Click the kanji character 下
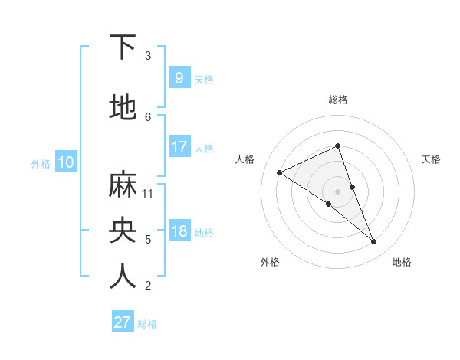(123, 47)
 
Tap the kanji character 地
(123, 108)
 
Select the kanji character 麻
(123, 185)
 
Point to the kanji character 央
(123, 231)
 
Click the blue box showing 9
(179, 77)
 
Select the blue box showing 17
(179, 146)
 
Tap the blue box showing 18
(179, 231)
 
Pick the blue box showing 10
(65, 162)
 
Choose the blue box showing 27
(123, 322)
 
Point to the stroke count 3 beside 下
(148, 56)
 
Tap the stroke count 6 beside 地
(148, 116)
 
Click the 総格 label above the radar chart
(338, 100)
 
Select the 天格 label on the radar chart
(431, 159)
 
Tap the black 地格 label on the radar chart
(402, 262)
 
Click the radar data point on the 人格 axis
(279, 172)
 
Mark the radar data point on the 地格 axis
(374, 242)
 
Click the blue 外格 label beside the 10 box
(41, 163)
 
